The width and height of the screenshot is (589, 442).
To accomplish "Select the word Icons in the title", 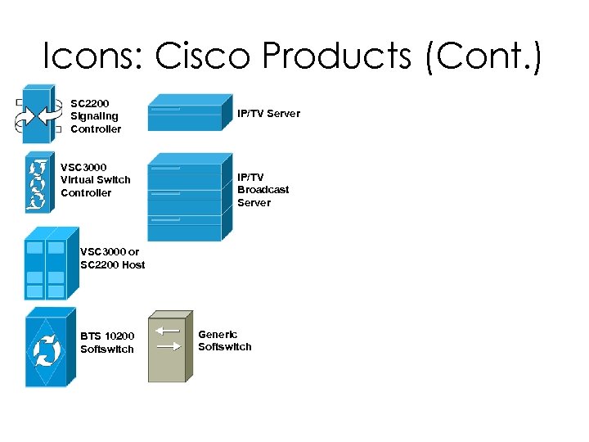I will [x=92, y=56].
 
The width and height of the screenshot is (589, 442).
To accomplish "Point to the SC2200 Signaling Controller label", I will [x=95, y=116].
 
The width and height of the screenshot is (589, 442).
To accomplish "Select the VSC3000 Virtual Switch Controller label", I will [x=95, y=180].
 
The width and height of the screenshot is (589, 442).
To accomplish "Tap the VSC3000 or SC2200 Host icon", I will [x=49, y=267].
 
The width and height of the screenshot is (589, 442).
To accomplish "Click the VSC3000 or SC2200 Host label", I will [x=112, y=258].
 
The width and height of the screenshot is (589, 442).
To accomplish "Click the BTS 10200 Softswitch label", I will [x=106, y=342].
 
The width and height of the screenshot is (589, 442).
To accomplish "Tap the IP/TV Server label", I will [x=268, y=114].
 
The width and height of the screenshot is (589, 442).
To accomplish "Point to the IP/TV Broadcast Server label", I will [x=263, y=189].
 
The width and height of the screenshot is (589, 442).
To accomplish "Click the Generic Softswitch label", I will [x=224, y=341].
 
